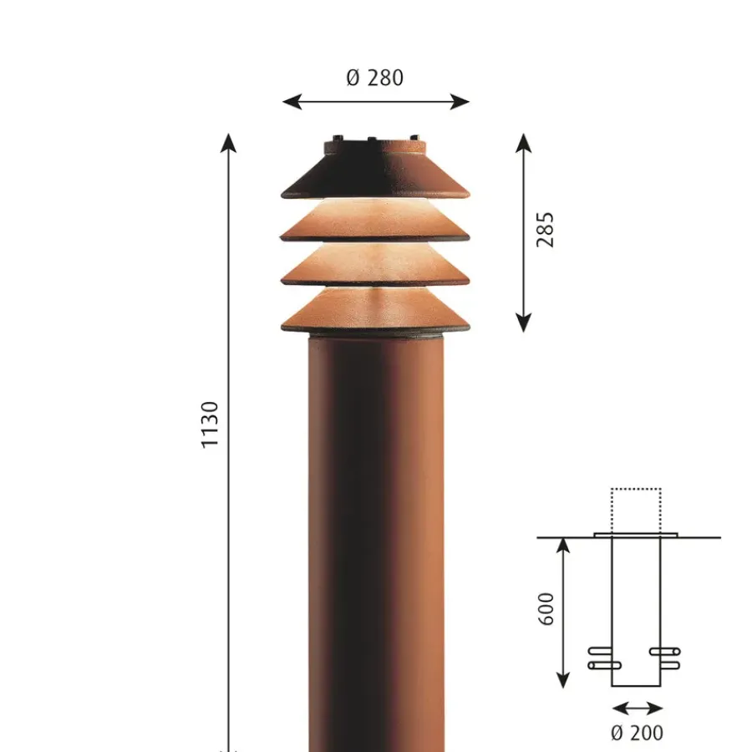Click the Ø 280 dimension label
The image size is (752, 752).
pos(374,78)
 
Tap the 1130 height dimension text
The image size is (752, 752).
pos(210,425)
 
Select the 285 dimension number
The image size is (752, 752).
pos(545,230)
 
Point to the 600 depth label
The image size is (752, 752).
pos(546,609)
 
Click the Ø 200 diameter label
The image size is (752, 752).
pos(637,733)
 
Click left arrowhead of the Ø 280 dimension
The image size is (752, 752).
pos(292,102)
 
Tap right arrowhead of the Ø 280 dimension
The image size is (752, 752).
pos(460,102)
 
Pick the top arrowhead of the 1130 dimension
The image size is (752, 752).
pos(228,143)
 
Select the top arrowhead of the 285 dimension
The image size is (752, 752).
pos(524,143)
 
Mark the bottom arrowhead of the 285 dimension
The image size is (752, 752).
pos(524,323)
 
